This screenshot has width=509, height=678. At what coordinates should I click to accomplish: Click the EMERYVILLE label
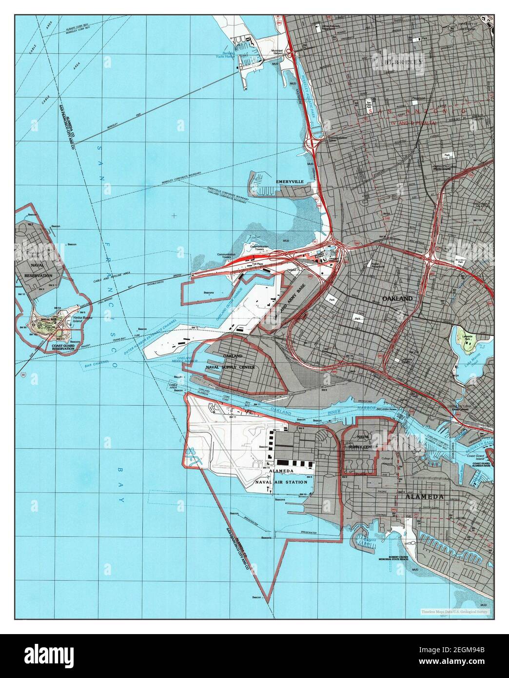tap(290, 181)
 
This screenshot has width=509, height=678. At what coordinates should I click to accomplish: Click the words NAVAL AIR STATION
tap(281, 482)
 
